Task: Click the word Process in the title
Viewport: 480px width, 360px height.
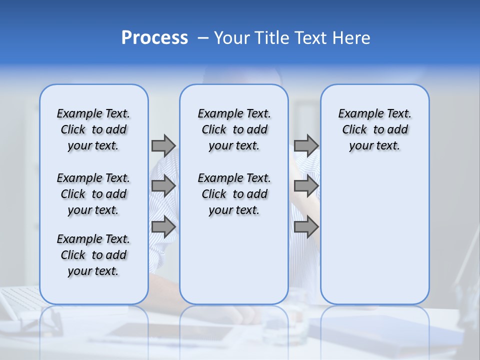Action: click(154, 37)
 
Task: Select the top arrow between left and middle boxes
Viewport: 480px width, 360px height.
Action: click(163, 145)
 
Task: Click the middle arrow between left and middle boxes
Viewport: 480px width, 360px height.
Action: click(163, 186)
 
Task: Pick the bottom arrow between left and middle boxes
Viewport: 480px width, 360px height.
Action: click(163, 227)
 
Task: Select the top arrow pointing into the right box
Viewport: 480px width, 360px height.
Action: click(306, 145)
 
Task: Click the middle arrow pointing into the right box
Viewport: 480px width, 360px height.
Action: click(306, 186)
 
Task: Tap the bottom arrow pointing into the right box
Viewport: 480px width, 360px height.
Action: click(306, 227)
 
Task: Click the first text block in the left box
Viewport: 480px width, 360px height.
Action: click(93, 129)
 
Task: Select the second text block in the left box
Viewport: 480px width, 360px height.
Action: click(93, 194)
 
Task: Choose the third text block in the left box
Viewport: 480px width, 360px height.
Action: click(93, 255)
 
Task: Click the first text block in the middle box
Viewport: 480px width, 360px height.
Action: click(234, 129)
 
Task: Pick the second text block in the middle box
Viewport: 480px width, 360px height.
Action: click(234, 194)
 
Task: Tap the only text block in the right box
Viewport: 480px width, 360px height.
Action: click(375, 129)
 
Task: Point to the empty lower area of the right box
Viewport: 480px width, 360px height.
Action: click(375, 235)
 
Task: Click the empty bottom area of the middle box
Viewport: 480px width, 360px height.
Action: click(234, 265)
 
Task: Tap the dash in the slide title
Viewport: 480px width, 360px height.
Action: click(202, 37)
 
